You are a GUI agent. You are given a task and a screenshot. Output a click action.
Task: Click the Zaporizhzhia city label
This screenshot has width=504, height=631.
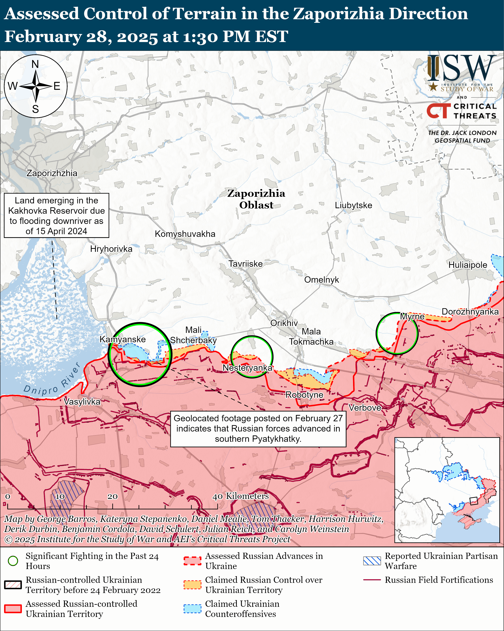coord(52,173)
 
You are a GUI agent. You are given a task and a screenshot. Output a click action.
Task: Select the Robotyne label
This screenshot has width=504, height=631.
coord(304,395)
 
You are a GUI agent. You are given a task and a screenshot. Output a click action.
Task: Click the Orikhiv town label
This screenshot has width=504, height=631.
coord(284,323)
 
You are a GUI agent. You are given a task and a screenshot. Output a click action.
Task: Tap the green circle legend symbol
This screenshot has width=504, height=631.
coord(13,561)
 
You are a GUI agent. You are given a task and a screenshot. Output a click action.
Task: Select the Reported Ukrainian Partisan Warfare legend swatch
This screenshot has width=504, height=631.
coord(372,561)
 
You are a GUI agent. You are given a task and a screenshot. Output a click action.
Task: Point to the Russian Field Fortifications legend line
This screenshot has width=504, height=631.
coord(372,580)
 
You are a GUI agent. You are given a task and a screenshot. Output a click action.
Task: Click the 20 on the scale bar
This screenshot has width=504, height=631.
coord(113,496)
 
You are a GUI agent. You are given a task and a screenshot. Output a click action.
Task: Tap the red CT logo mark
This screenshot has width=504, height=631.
coord(438,111)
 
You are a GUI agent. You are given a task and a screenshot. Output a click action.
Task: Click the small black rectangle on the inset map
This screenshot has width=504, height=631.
coord(473,501)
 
